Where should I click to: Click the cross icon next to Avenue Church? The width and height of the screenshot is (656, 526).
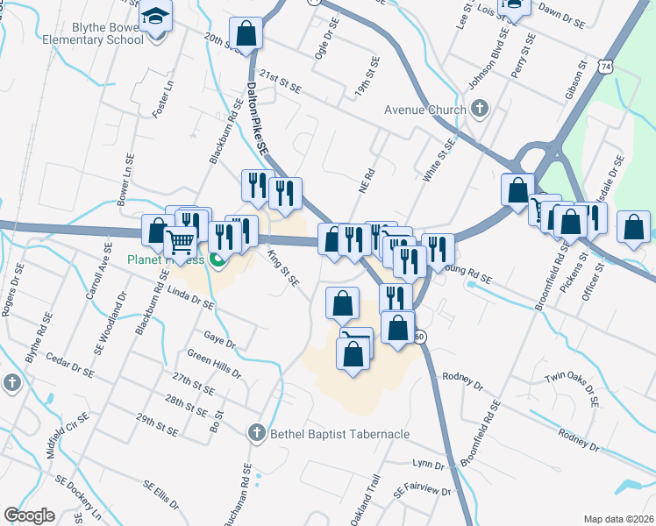click(479, 109)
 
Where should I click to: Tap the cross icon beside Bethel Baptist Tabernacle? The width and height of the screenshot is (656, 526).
click(256, 432)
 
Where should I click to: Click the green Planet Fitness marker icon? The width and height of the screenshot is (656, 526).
click(217, 259)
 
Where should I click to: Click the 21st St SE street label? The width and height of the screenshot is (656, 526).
click(281, 82)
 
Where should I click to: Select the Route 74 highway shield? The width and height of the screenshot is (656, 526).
click(605, 66)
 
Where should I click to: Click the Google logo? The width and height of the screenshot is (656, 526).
click(30, 515)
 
